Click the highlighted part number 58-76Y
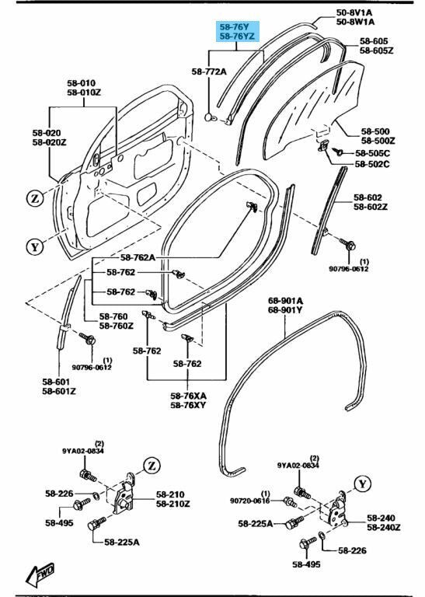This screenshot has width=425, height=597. [x=234, y=27]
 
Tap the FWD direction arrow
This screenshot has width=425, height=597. [x=40, y=574]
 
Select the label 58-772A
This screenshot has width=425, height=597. [x=209, y=72]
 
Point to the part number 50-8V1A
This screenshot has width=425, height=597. [x=354, y=12]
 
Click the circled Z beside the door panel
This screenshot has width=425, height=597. [x=36, y=198]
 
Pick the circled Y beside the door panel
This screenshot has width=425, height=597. [x=35, y=246]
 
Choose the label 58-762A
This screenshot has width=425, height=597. [x=138, y=257]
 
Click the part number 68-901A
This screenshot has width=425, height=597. [x=286, y=301]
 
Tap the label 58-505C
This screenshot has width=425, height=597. [x=372, y=153]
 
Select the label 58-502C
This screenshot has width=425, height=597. [x=372, y=164]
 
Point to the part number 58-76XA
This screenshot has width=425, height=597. [x=188, y=396]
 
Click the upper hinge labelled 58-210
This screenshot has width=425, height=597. [x=124, y=494]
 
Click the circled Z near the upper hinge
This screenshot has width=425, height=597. [x=152, y=466]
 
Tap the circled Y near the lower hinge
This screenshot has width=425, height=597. [x=362, y=484]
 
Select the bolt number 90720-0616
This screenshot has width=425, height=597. [x=249, y=501]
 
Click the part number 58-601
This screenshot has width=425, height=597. [x=56, y=382]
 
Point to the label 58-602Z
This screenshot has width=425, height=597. [x=371, y=207]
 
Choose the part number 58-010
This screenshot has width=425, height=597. [x=82, y=83]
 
